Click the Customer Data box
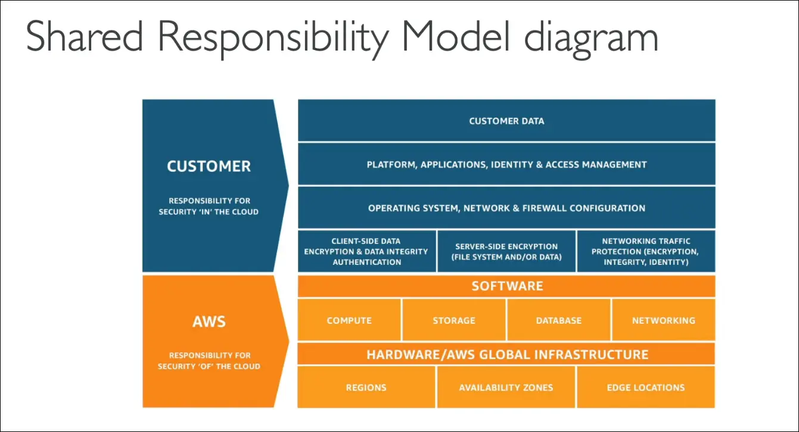coord(506,121)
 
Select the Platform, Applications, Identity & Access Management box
coord(506,164)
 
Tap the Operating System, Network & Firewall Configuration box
coord(506,208)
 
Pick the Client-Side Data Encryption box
coord(366,251)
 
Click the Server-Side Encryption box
coord(506,251)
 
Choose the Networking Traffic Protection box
coord(646,251)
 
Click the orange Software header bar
coord(506,286)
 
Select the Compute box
coord(349,320)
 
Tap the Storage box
coord(454,320)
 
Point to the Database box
coord(558,320)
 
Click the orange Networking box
coord(663,320)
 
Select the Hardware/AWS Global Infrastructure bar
coord(506,355)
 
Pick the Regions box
coord(366,387)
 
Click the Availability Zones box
coord(506,387)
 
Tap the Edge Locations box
coord(646,387)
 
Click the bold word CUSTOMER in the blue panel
coord(209,167)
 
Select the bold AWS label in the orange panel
coord(209,322)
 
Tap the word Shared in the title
coord(84,37)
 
